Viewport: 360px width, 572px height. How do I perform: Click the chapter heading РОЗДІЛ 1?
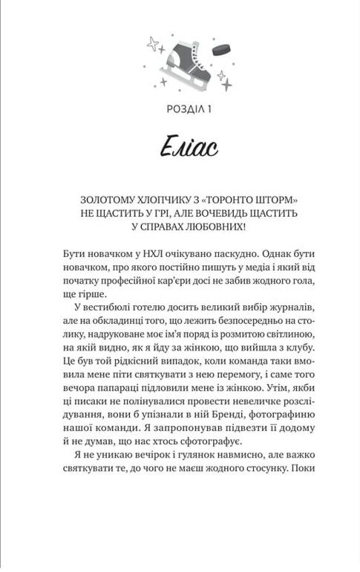pos(180,111)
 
